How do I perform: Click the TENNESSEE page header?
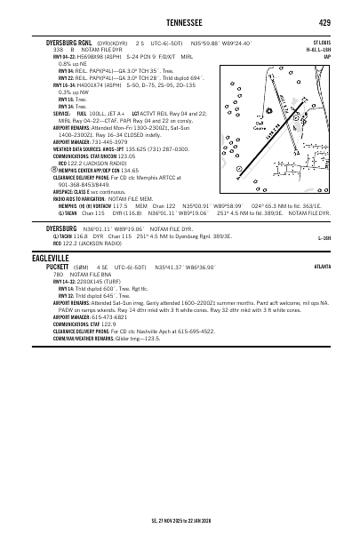[179, 21]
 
